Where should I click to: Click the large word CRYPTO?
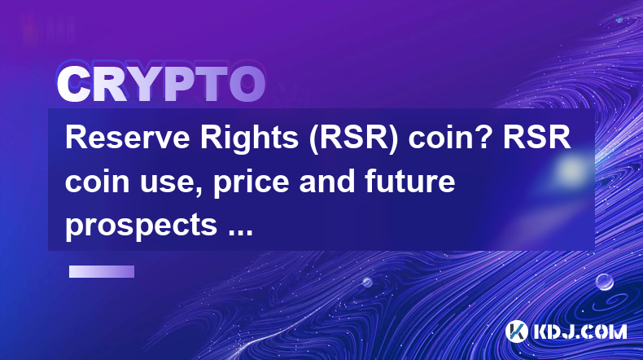161,84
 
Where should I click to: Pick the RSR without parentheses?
537,138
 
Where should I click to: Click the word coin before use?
98,182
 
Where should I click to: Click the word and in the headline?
327,182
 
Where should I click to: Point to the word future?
409,182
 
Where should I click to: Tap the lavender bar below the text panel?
102,272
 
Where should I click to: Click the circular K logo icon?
517,331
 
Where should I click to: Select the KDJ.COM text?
580,331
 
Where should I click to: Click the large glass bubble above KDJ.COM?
604,283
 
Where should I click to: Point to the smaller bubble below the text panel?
367,282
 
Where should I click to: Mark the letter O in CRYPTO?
247,84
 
